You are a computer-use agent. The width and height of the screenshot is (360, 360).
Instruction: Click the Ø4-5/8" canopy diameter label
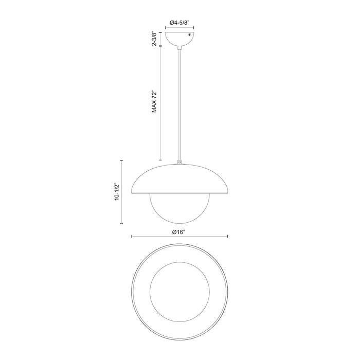point(179,23)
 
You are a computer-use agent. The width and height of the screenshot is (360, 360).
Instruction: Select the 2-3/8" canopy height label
point(154,39)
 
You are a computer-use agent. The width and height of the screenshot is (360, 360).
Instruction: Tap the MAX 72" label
point(154,103)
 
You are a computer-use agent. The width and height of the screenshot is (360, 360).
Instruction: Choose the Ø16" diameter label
point(179,231)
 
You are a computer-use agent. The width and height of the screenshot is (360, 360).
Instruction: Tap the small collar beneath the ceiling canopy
point(179,48)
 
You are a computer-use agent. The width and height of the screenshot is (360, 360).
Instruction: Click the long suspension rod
point(179,103)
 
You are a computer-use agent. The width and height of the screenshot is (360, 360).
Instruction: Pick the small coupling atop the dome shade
point(179,163)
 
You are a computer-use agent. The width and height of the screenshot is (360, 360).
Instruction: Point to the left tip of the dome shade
point(133,191)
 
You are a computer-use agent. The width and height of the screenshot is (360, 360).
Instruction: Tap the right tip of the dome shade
point(226,191)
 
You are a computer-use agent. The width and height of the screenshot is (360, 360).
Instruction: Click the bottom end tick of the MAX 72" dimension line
point(160,160)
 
